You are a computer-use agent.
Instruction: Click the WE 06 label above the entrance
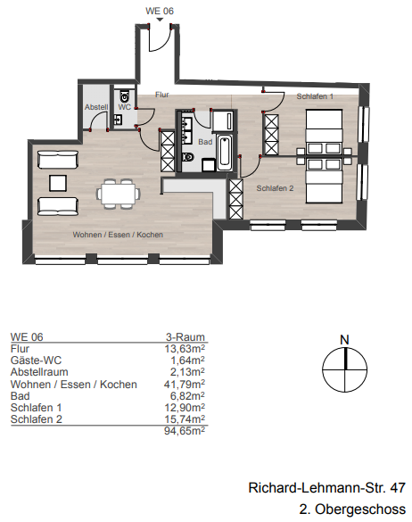coord(160,11)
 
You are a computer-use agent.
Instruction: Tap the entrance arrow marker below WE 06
coord(160,20)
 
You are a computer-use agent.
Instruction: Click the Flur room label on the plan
coord(162,95)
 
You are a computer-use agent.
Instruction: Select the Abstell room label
coord(96,107)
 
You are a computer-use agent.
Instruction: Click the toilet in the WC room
coord(125,96)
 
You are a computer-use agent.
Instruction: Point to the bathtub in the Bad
coord(225,153)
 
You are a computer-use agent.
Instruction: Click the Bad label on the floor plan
coord(205,142)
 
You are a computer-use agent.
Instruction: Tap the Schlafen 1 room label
coord(315,96)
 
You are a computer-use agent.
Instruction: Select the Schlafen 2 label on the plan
coord(275,188)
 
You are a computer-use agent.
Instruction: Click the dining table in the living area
coord(119,194)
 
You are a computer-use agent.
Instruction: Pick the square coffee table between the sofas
coord(58,184)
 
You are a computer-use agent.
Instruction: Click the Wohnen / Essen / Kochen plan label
coord(118,235)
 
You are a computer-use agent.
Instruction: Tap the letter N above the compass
coord(344,340)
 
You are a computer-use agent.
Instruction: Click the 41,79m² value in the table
coord(185,385)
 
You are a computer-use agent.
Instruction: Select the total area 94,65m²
coord(185,431)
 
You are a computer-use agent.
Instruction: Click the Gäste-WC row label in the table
coord(36,360)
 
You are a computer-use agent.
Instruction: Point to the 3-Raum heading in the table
coord(185,337)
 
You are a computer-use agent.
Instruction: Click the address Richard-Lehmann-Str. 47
coord(326,488)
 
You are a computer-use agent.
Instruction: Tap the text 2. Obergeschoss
coord(352,510)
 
